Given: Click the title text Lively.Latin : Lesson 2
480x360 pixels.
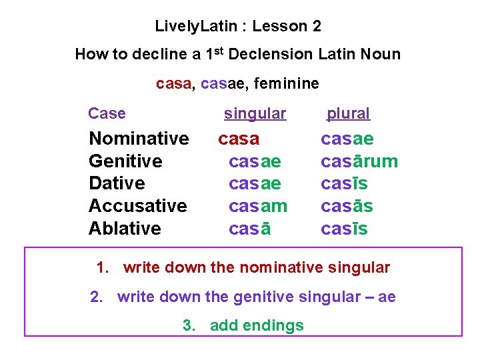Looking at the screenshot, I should coord(238,27).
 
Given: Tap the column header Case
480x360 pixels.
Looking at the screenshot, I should coord(107,113).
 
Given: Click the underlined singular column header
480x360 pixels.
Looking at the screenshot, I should coord(255,114).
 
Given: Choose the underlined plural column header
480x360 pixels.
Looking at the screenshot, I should coord(348,114).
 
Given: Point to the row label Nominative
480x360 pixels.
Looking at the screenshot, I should coord(139,139).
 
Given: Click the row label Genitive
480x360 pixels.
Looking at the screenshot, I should coord(125,161).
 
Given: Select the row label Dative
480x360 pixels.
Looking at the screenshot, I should coord(117,183).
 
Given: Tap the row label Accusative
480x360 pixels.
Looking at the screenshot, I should coord(138,206).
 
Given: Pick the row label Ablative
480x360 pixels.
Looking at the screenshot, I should coord(125,229).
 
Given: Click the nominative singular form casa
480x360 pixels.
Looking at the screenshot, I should coord(239,139).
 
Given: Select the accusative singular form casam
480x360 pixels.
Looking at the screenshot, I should coord(258,206).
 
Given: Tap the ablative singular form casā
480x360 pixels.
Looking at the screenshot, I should coord(249,229).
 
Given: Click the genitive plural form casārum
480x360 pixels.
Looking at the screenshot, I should coord(359,161).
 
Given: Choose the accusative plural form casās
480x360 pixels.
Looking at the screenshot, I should coord(347,206).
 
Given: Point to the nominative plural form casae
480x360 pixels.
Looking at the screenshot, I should coord(347,139).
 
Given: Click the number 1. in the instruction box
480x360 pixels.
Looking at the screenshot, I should coord(103,268).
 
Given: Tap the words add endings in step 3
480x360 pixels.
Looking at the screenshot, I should coord(257,325).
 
